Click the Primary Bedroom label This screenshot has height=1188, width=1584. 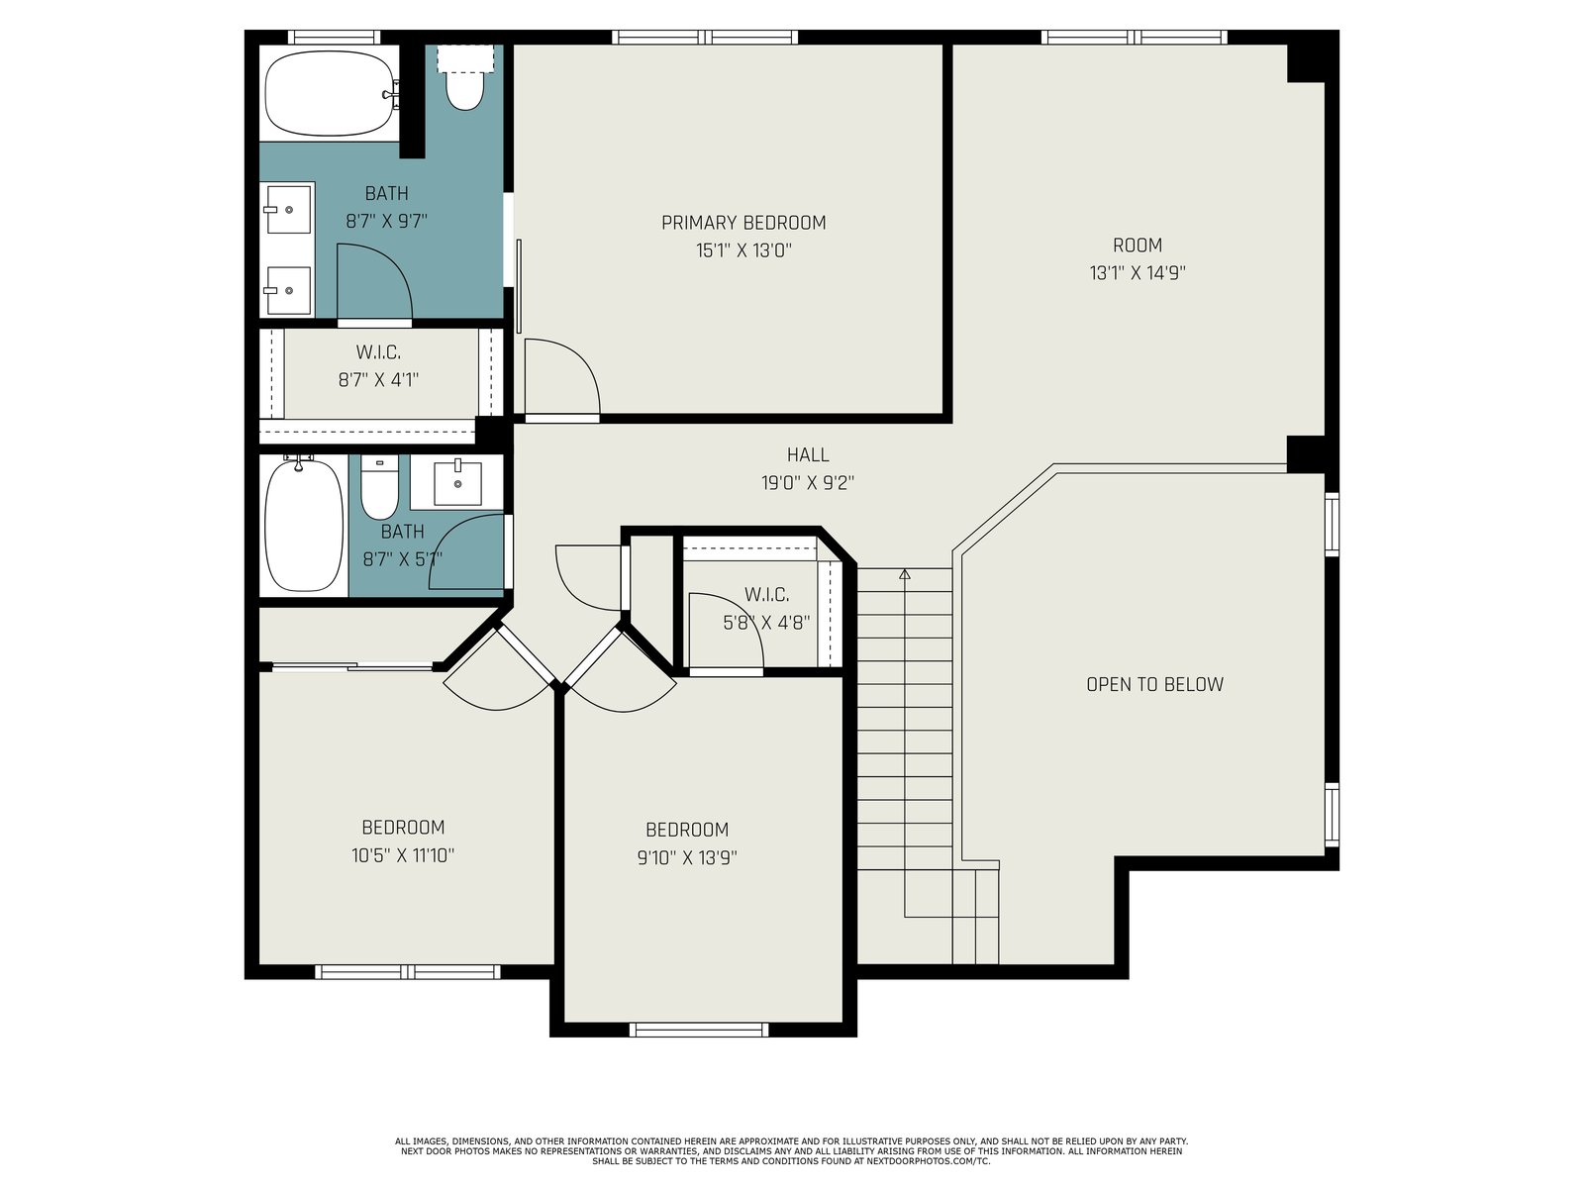click(x=743, y=223)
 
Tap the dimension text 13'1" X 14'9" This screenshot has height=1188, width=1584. click(x=1138, y=273)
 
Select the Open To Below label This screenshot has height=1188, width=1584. click(x=1154, y=684)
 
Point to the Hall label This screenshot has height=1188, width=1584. click(x=808, y=455)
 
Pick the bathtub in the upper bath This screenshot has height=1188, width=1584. click(x=332, y=93)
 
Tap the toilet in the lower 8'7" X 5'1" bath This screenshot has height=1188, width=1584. click(x=379, y=487)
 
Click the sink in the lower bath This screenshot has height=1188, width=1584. click(x=457, y=483)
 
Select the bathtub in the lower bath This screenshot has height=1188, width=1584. click(x=304, y=525)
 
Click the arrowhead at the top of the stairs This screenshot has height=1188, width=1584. click(x=905, y=574)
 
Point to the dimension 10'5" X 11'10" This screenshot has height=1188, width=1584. click(x=403, y=856)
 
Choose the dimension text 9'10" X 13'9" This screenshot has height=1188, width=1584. click(x=687, y=858)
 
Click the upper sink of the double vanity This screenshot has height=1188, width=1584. click(x=289, y=209)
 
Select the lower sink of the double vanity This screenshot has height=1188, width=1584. click(x=289, y=291)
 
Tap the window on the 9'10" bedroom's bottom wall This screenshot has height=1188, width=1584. click(x=699, y=1030)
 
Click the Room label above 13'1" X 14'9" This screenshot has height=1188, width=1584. click(x=1138, y=246)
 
